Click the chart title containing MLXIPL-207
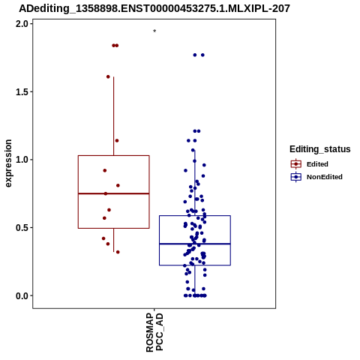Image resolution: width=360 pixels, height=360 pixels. pyautogui.click(x=154, y=8)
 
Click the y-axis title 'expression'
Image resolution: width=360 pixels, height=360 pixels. pyautogui.click(x=8, y=163)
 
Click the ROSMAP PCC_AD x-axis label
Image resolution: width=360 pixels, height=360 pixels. pyautogui.click(x=154, y=332)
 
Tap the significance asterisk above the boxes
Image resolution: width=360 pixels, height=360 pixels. pyautogui.click(x=154, y=31)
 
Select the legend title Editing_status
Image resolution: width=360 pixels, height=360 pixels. pyautogui.click(x=320, y=149)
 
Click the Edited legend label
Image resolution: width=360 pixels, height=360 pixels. pyautogui.click(x=317, y=164)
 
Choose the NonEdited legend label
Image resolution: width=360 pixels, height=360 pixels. pyautogui.click(x=325, y=177)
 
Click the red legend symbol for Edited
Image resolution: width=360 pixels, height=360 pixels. pyautogui.click(x=296, y=164)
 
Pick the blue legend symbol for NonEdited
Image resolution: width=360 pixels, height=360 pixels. pyautogui.click(x=296, y=177)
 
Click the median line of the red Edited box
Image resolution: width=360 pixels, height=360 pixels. pyautogui.click(x=114, y=193)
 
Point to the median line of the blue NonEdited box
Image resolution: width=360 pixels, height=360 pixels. pyautogui.click(x=195, y=244)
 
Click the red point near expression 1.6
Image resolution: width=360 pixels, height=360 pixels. pyautogui.click(x=108, y=76)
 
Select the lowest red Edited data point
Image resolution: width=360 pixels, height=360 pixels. pyautogui.click(x=118, y=252)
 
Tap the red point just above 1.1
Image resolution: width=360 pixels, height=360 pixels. pyautogui.click(x=117, y=141)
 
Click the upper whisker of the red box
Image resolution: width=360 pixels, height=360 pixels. pyautogui.click(x=114, y=116)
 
